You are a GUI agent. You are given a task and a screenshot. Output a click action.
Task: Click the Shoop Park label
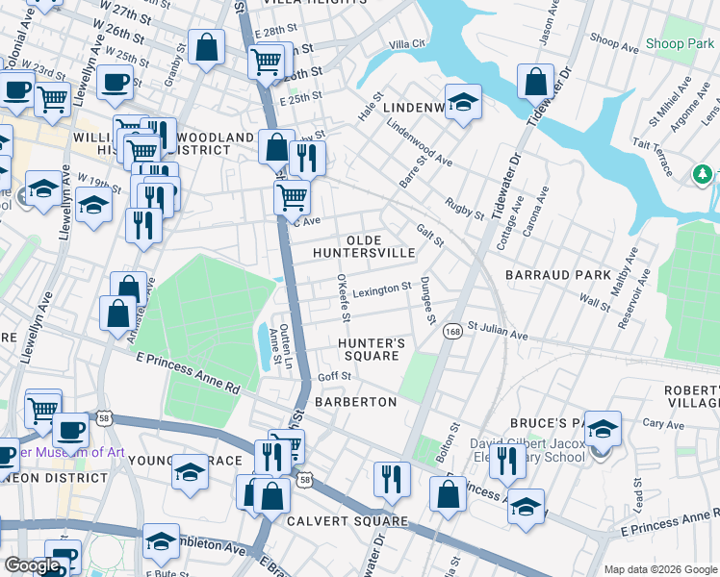tap(680, 43)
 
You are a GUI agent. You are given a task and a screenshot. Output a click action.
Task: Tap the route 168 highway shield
tap(451, 331)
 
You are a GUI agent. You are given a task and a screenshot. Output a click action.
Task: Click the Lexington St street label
tap(381, 288)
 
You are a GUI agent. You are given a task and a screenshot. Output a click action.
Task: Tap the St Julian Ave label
tap(498, 336)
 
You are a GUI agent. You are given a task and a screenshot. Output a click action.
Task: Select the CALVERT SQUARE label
tap(347, 521)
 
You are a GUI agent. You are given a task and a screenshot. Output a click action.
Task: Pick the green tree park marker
tap(704, 174)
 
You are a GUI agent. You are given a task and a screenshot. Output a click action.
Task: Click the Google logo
tap(32, 565)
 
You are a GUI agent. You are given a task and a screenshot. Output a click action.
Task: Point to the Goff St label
tap(334, 378)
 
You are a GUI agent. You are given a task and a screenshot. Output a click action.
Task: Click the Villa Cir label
tap(406, 45)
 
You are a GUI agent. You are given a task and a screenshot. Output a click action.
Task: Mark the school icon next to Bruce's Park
tap(603, 429)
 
